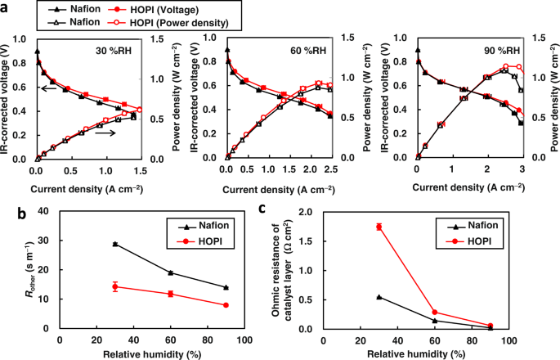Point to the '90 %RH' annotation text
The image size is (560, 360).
488,49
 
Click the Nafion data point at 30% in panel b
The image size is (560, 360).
115,244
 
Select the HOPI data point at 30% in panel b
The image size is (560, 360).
115,286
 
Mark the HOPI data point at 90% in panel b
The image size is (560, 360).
226,305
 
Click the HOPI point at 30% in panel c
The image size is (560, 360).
379,227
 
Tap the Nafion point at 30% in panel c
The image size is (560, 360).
379,297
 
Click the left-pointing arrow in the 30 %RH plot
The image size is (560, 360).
50,89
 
